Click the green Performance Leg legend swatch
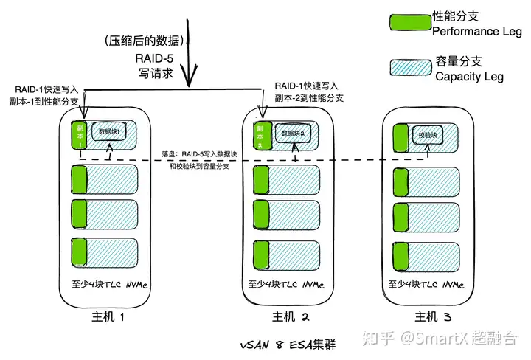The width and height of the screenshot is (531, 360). [410, 22]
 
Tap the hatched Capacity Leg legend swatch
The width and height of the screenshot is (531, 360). [411, 67]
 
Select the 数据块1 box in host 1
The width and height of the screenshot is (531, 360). [109, 131]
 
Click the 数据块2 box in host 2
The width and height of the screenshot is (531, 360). [293, 133]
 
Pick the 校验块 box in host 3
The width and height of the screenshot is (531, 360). [428, 135]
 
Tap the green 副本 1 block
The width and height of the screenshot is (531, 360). [79, 135]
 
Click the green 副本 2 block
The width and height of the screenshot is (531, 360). [261, 136]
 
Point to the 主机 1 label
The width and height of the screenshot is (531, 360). [108, 317]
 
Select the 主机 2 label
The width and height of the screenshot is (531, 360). [291, 317]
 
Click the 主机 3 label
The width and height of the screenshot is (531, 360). [433, 317]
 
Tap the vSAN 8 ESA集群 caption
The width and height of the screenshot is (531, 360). [288, 345]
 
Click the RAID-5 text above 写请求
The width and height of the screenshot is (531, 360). [154, 58]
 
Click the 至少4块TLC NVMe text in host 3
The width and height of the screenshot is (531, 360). [426, 284]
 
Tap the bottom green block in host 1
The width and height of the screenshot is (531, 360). [79, 252]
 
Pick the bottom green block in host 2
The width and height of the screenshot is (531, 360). [261, 255]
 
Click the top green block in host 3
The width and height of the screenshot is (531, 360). [400, 138]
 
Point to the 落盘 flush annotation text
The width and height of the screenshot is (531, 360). [199, 160]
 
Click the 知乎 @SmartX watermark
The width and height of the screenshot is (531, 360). [440, 338]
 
